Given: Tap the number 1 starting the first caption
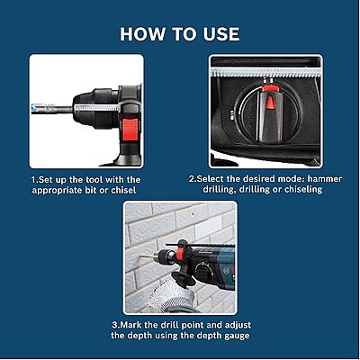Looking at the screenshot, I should tap(32, 179).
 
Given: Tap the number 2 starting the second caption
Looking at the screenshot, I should tap(193, 179).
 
